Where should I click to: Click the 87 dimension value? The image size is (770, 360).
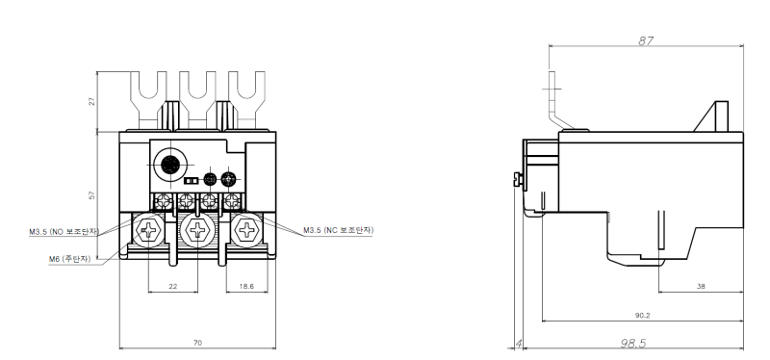point(646,40)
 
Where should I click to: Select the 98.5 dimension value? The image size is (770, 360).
point(633,343)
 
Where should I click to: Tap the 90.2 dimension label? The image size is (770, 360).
point(642,316)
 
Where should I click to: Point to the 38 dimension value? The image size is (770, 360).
point(701,286)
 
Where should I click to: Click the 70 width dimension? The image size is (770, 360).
point(197,343)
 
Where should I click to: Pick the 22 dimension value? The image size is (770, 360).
point(173,286)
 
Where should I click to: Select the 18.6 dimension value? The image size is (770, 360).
point(247,286)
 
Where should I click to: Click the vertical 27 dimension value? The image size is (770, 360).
point(91,102)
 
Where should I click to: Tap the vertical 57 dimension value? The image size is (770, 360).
point(91,195)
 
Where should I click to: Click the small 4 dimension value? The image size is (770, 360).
point(518,344)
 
